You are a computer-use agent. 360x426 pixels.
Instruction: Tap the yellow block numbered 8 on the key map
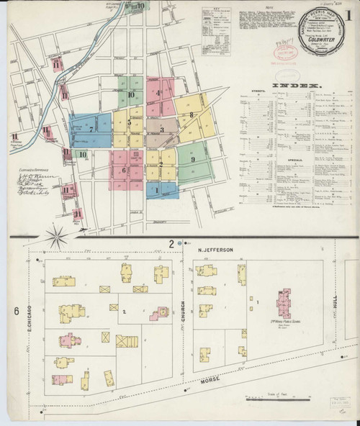click(192, 114)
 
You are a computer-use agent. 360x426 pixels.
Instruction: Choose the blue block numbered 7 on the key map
click(91, 130)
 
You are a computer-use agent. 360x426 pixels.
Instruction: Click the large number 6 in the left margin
click(14, 311)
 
